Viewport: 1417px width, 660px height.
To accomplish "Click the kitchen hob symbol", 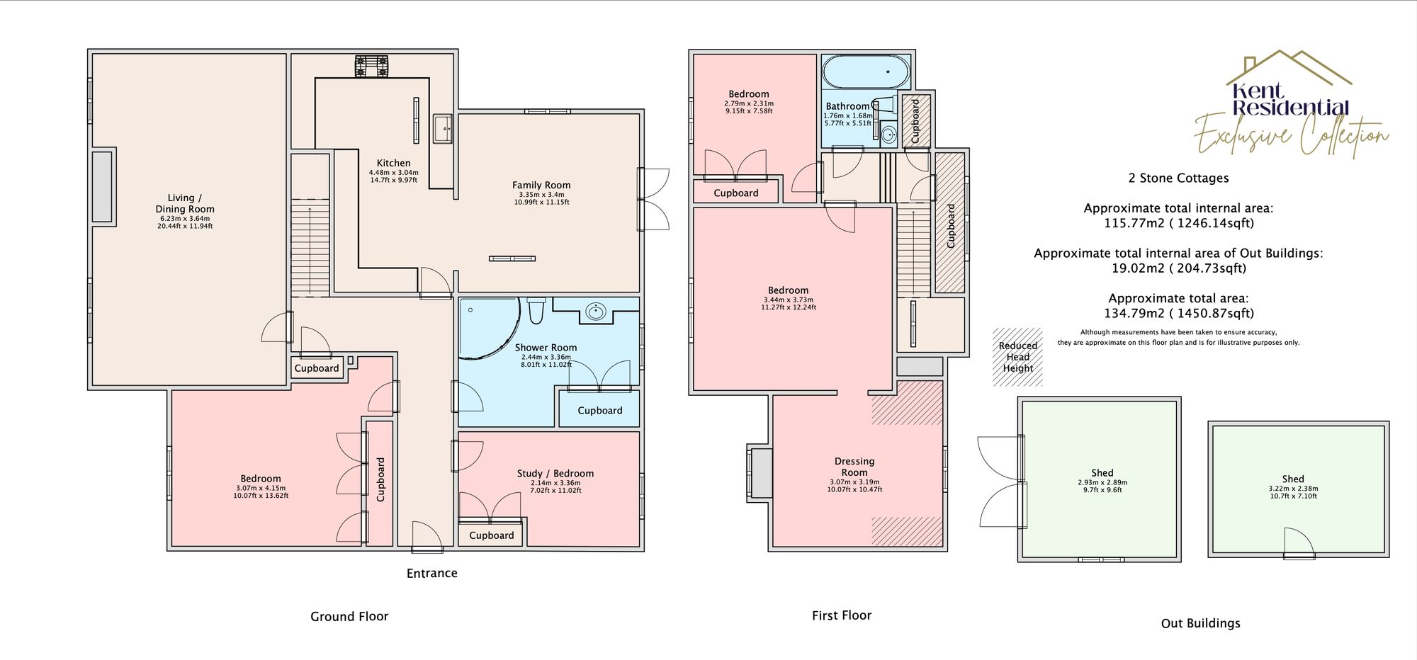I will point(373,66).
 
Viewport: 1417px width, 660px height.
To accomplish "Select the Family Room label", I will point(541,186).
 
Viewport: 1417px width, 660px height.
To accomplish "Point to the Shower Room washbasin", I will point(597,311).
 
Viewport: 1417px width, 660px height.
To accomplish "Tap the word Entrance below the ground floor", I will point(431,574).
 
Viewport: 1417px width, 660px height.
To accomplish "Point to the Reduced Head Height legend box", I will point(1017,357).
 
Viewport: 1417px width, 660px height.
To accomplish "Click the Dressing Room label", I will point(854,467).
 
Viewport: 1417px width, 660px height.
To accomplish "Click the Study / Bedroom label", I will point(555,474).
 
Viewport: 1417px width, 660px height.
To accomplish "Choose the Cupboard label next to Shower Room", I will point(599,411).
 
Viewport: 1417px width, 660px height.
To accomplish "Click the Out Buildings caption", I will point(1200,623).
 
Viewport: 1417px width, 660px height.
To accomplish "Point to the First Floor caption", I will point(841,615).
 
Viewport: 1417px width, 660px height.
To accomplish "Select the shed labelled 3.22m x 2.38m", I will point(1297,488).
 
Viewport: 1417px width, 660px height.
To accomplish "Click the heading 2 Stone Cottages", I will point(1178,178).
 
